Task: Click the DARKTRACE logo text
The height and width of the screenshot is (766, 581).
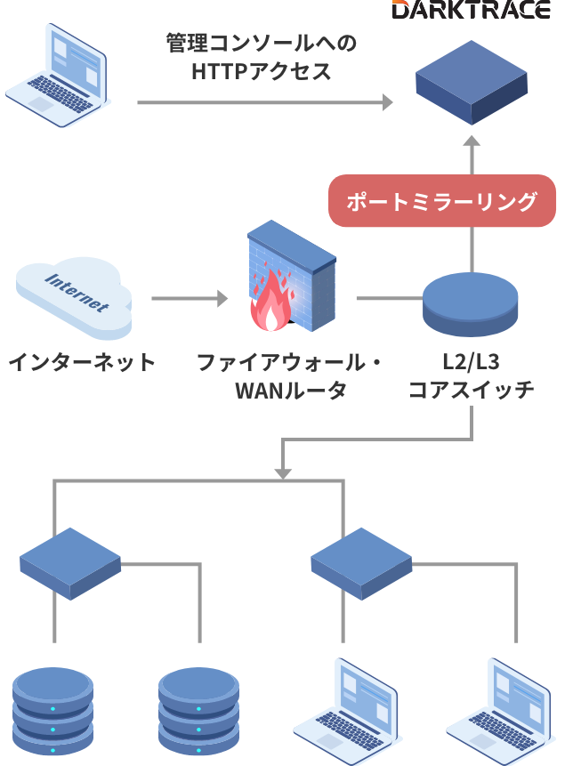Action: click(x=471, y=10)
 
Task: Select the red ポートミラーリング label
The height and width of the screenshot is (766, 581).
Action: click(x=442, y=201)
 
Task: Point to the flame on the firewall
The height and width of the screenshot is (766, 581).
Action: click(x=270, y=306)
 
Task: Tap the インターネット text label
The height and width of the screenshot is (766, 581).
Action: click(x=83, y=363)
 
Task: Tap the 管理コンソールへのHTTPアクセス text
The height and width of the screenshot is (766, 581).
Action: click(x=261, y=58)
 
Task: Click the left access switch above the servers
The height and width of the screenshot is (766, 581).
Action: click(x=70, y=563)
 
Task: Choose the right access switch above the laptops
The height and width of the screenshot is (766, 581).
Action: click(x=361, y=563)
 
